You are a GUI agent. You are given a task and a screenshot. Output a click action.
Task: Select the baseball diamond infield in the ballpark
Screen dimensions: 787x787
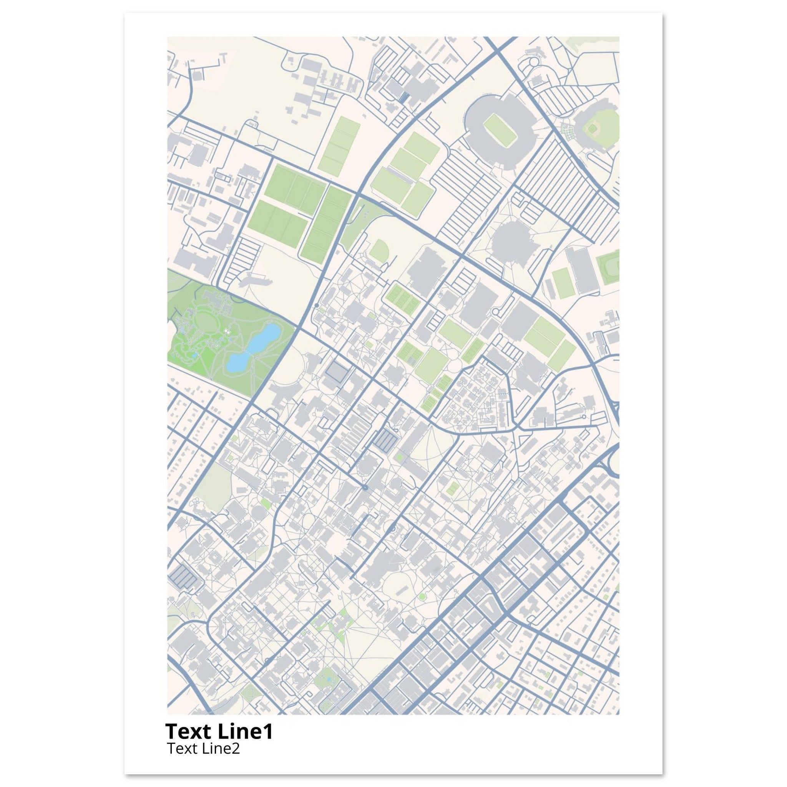click(x=593, y=129)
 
